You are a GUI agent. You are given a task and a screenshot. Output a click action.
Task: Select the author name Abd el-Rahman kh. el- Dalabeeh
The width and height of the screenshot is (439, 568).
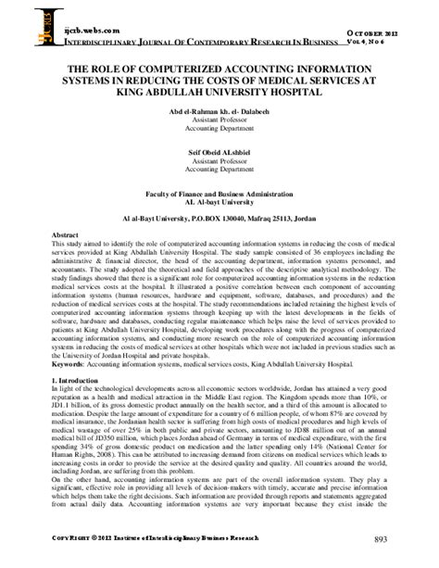[x=219, y=111]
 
